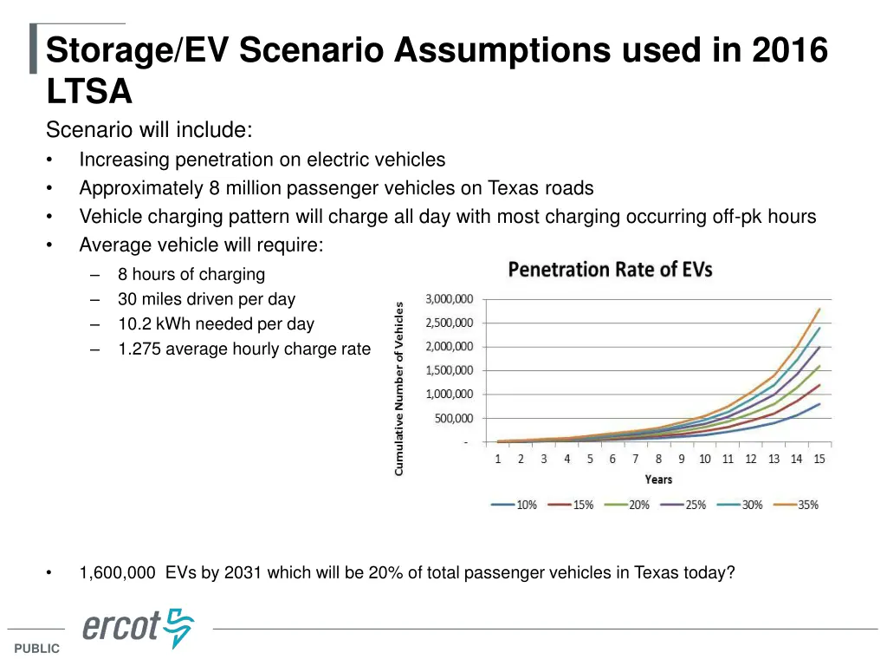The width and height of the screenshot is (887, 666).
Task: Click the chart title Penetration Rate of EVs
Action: [x=610, y=270]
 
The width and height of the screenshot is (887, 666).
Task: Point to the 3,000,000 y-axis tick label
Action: [x=449, y=299]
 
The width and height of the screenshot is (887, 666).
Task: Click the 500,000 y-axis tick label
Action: [x=454, y=418]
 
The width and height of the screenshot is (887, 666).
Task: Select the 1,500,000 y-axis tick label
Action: [x=449, y=370]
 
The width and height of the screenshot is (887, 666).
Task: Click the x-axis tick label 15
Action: [x=819, y=459]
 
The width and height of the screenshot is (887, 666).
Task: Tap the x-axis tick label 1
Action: [x=498, y=459]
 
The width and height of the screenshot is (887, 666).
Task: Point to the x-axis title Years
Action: [x=658, y=479]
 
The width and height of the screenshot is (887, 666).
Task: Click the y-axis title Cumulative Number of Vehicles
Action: [x=399, y=388]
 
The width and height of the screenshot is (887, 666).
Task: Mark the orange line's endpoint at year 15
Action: [x=819, y=309]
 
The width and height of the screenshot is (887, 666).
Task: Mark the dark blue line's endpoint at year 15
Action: [x=819, y=404]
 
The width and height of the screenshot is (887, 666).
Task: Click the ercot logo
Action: [x=139, y=627]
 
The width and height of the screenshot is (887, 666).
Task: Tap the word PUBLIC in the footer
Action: [x=36, y=649]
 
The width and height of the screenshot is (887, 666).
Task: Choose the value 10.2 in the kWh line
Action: [x=133, y=324]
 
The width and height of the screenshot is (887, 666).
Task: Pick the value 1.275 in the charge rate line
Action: [x=139, y=349]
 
